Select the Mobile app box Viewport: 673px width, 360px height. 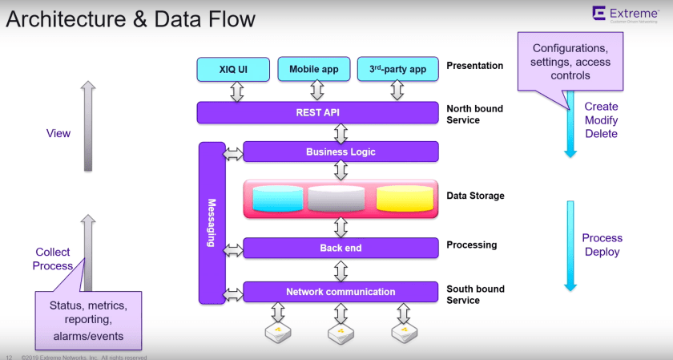[308, 69]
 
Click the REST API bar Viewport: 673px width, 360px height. [317, 112]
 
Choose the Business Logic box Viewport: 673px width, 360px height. [341, 152]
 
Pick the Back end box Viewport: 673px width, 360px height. [341, 248]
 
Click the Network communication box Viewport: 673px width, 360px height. [341, 292]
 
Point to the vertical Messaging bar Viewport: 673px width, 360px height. [212, 223]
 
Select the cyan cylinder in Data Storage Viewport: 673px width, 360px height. [277, 199]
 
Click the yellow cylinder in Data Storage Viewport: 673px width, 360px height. [404, 199]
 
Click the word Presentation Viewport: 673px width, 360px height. [475, 66]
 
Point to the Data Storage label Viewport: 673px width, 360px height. [476, 195]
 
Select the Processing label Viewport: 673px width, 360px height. [472, 245]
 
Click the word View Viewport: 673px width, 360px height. [58, 133]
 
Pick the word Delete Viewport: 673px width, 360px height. [602, 134]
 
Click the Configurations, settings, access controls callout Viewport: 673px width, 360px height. [570, 63]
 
